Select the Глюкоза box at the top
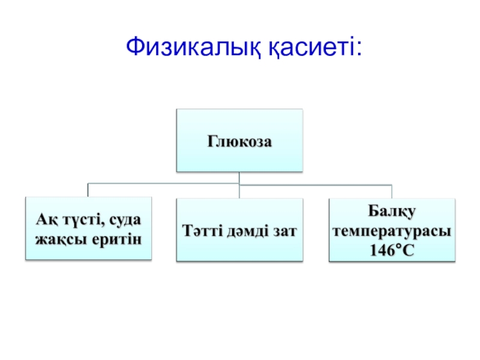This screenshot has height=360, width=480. coord(239,140)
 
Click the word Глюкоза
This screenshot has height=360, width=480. coord(239,142)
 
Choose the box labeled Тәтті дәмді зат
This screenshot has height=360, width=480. coord(239,230)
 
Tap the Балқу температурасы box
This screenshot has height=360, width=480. coord(392,230)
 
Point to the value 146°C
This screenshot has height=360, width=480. coord(392,250)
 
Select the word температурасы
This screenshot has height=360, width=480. coord(392,231)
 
